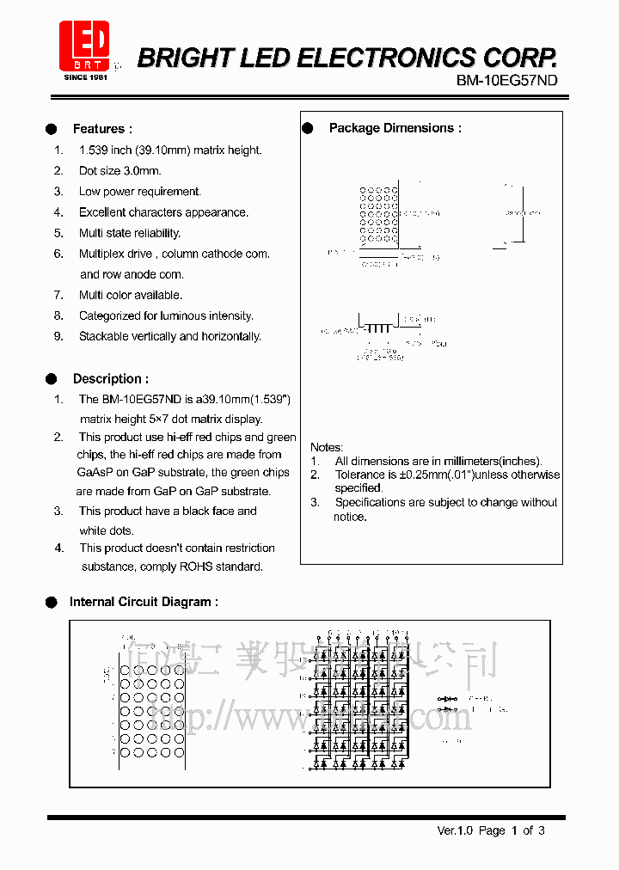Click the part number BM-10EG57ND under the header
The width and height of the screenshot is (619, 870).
click(506, 81)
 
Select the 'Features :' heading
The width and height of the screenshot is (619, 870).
click(102, 129)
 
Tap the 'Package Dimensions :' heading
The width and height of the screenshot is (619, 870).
click(395, 128)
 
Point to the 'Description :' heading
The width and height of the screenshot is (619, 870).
click(110, 378)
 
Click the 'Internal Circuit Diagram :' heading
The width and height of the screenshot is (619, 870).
click(144, 602)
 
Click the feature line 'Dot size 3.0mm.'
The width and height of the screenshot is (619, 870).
click(120, 171)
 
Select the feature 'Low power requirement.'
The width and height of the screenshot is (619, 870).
click(139, 192)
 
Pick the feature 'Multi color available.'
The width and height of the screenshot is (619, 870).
click(130, 295)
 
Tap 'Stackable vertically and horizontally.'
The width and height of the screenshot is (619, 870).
click(169, 336)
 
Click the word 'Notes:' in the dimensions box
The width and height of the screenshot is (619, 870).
click(327, 447)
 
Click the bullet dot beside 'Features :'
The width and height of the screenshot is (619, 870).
click(52, 129)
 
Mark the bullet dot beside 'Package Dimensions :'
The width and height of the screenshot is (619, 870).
click(308, 128)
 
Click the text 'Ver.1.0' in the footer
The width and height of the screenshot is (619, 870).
click(455, 830)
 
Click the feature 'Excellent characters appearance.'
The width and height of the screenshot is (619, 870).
click(163, 212)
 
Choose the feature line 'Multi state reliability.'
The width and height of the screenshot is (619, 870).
click(129, 233)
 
